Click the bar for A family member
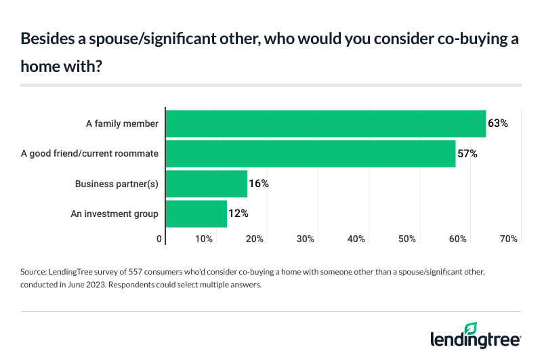point(326,123)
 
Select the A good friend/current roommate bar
point(310,154)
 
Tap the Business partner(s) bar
point(207,184)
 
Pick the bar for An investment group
point(196,214)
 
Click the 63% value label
point(498,123)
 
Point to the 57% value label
point(467,154)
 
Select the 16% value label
point(259,184)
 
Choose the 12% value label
point(238,214)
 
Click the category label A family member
point(122,124)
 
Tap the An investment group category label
point(114,214)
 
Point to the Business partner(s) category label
point(117,184)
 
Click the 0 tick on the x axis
point(160,239)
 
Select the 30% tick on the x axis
point(306,239)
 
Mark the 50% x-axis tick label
point(407,239)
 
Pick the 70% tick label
point(509,239)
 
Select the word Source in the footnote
point(35,271)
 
